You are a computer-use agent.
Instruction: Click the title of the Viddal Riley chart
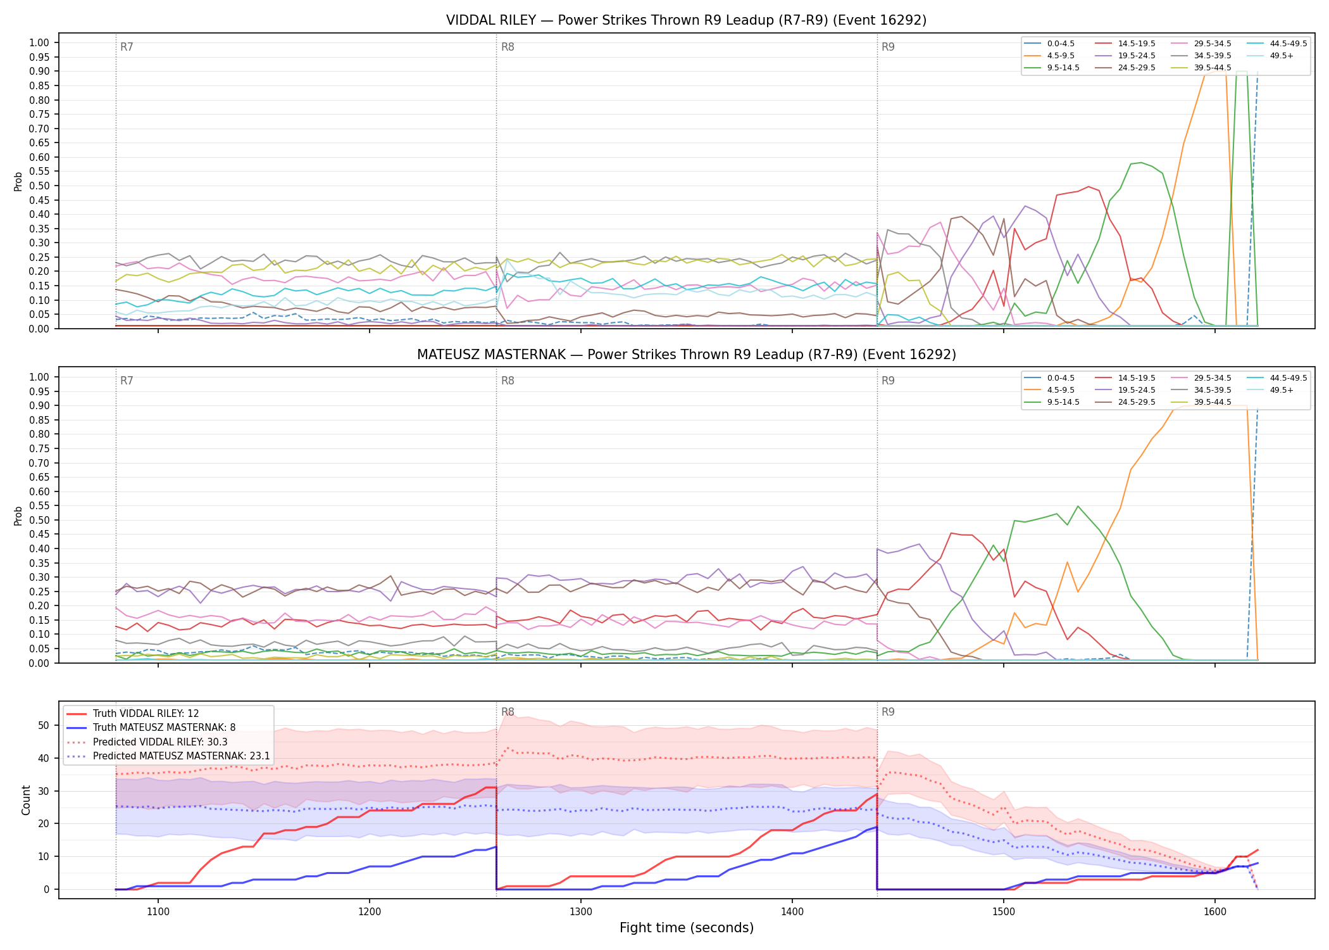(686, 20)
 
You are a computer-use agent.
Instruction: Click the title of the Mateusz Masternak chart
(686, 355)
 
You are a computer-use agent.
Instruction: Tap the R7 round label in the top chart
(127, 47)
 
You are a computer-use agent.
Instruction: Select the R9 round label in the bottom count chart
(888, 712)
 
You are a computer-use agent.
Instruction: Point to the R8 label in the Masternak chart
(508, 381)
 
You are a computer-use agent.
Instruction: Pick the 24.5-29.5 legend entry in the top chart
(1125, 68)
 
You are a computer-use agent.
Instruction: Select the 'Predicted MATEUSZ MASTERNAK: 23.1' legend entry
(168, 756)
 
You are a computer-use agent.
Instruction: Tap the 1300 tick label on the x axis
(581, 912)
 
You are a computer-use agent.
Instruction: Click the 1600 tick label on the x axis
(1215, 912)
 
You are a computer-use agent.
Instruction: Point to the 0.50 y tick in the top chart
(39, 186)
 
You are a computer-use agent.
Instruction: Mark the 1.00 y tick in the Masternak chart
(39, 377)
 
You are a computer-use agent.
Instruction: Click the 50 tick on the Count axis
(44, 726)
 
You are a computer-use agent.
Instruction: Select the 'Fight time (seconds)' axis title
(687, 928)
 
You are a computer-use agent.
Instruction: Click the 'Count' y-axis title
(26, 800)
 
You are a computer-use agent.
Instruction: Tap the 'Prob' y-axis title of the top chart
(18, 181)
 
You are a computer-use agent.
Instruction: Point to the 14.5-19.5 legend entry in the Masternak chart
(1125, 378)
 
